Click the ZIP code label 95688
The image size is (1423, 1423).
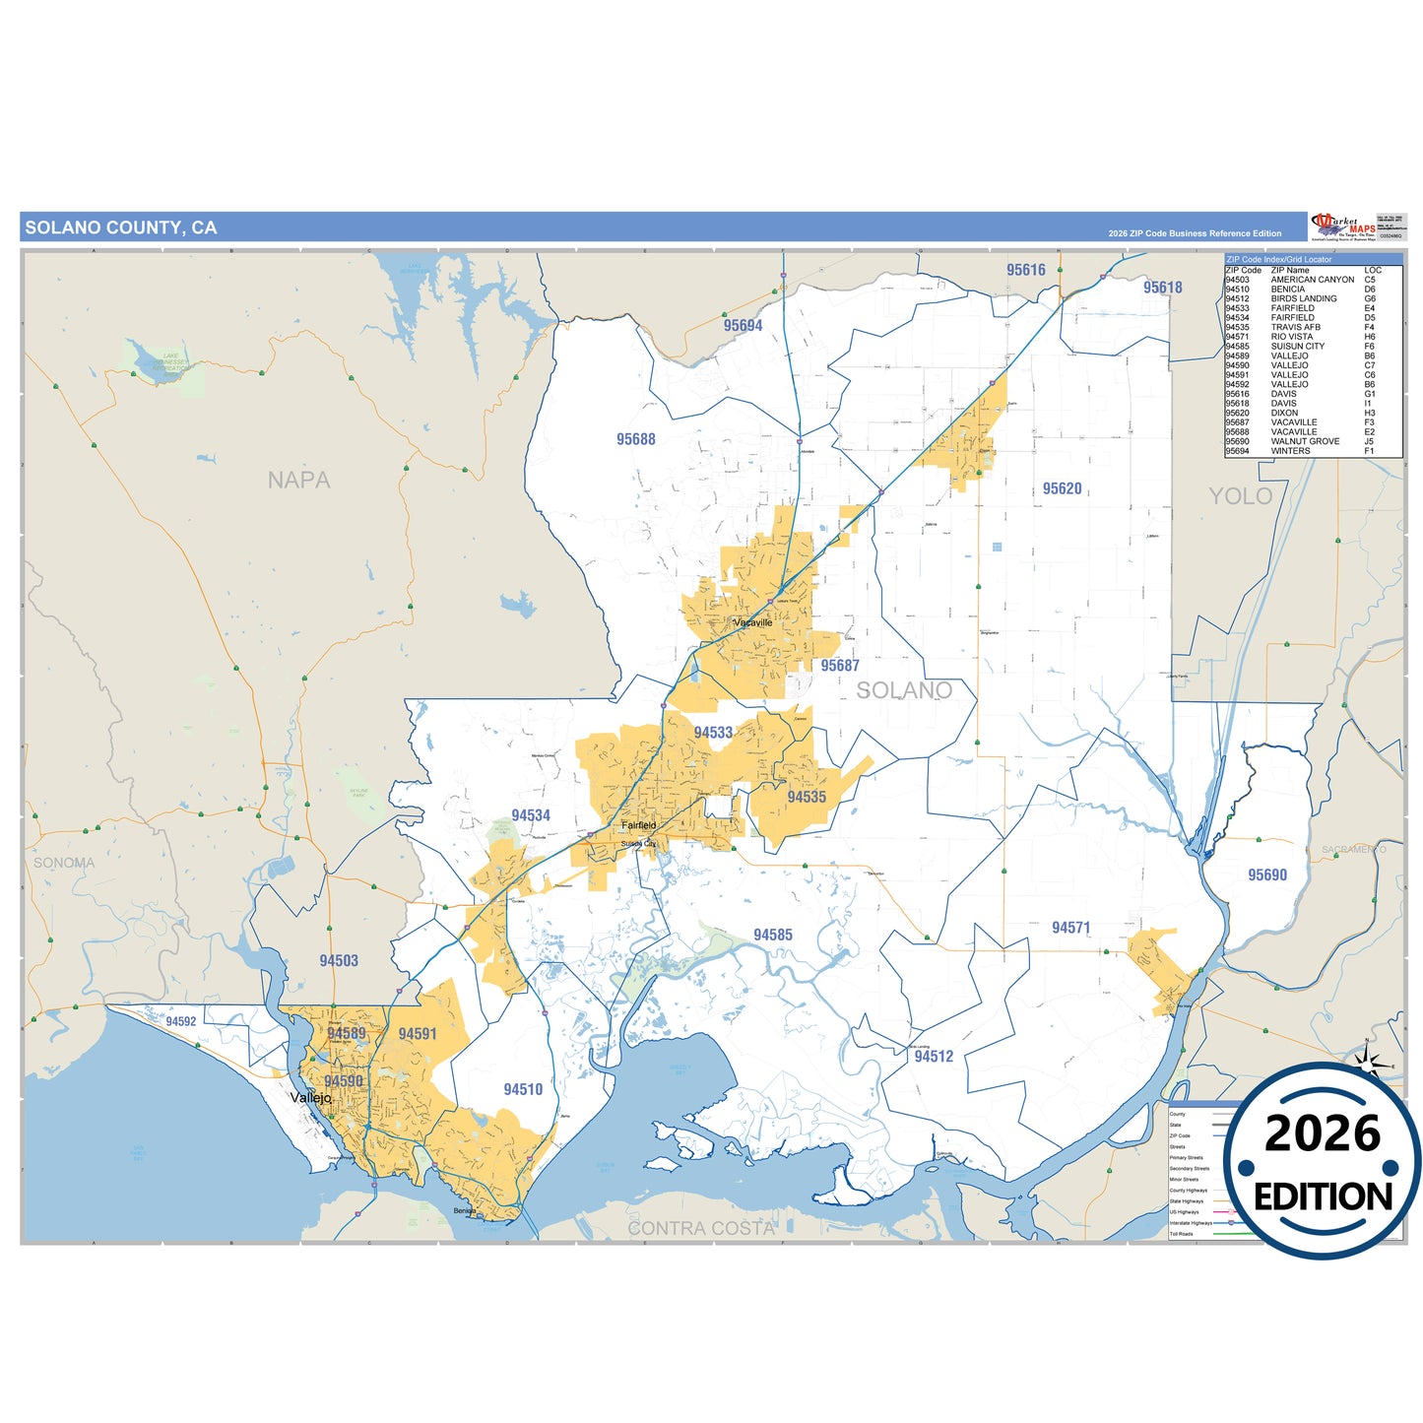click(635, 439)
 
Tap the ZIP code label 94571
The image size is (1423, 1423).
click(1070, 928)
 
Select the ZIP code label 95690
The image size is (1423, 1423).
click(1266, 874)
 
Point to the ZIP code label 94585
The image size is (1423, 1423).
click(772, 935)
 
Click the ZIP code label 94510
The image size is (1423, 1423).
click(523, 1089)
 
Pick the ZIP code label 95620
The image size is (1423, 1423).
click(1062, 488)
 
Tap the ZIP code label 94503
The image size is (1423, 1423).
click(339, 960)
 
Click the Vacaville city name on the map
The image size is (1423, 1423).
click(753, 622)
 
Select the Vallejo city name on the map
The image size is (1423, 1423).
click(311, 1097)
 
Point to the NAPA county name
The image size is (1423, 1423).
click(298, 481)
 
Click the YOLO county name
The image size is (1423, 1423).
click(1240, 496)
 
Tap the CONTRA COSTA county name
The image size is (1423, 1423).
click(701, 1228)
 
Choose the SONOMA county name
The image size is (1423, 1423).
click(64, 863)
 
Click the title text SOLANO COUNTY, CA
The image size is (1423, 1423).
click(120, 227)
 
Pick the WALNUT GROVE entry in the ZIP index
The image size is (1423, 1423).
click(1305, 441)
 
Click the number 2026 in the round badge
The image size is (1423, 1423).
click(1322, 1133)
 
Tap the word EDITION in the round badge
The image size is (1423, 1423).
click(1323, 1197)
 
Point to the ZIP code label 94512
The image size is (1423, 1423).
click(933, 1057)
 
